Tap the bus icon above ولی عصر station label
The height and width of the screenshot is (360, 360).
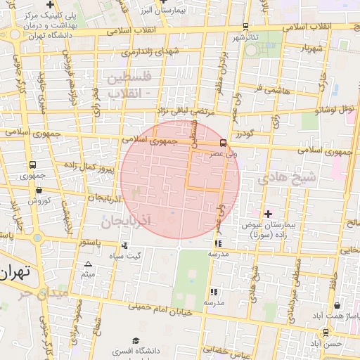(x=224, y=143)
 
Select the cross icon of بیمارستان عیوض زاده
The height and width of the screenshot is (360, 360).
(x=267, y=213)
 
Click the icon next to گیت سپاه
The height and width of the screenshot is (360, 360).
(x=125, y=245)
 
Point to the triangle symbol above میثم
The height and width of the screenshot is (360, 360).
(x=88, y=264)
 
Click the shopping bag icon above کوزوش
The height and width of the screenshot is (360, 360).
(x=38, y=190)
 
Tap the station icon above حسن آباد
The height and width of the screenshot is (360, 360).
(x=326, y=332)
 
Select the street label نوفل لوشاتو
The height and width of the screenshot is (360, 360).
(x=334, y=109)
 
